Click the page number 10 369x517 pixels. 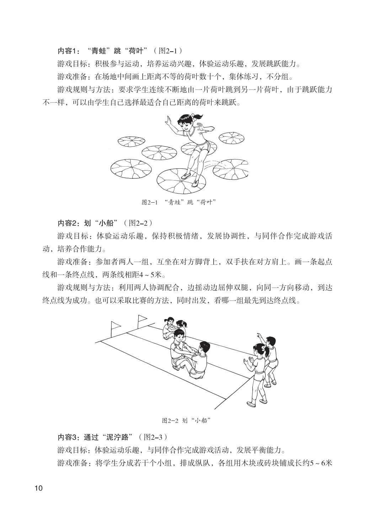point(38,488)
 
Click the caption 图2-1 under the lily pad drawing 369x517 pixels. point(179,202)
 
